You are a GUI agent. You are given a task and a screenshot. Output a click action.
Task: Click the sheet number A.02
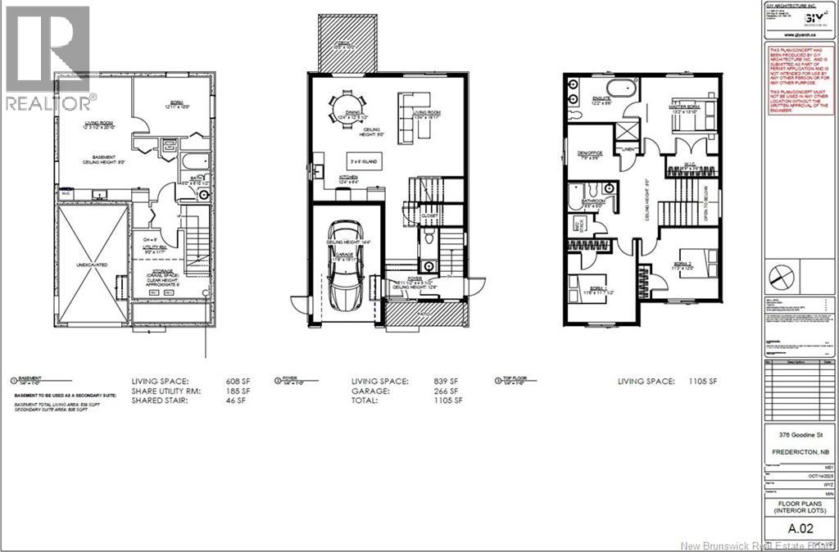pos(799,528)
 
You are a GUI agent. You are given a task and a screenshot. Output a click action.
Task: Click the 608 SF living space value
pos(238,382)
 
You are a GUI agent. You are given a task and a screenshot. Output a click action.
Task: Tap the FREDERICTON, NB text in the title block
pos(799,451)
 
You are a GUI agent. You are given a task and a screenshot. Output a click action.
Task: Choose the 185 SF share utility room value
pos(238,391)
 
